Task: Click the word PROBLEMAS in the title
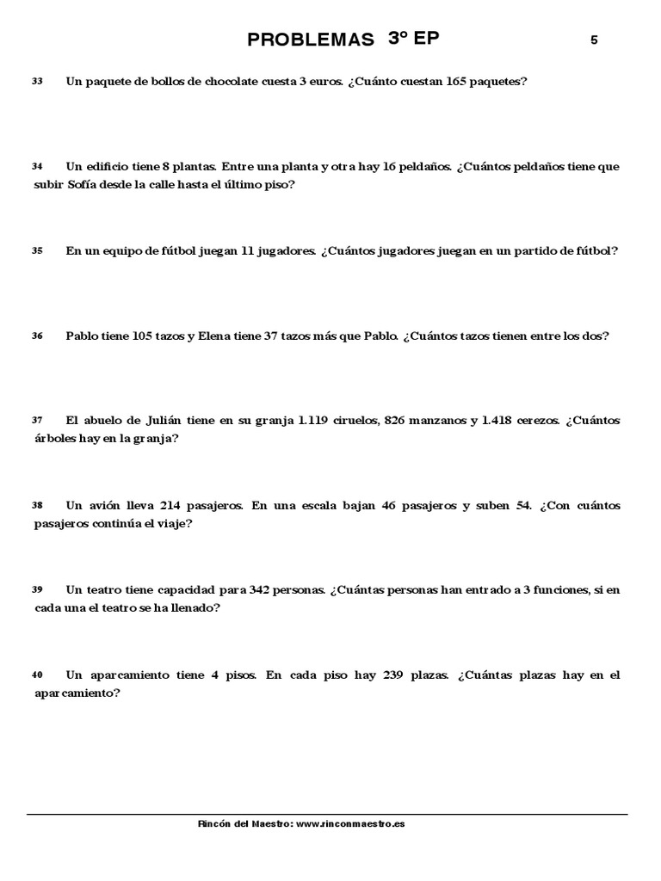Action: (x=310, y=40)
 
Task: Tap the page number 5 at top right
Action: (x=594, y=40)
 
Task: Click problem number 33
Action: (x=37, y=82)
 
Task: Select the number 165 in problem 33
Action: (x=461, y=82)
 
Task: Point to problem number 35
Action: (x=37, y=251)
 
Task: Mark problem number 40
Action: (x=37, y=675)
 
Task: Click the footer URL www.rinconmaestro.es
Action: (x=350, y=823)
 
